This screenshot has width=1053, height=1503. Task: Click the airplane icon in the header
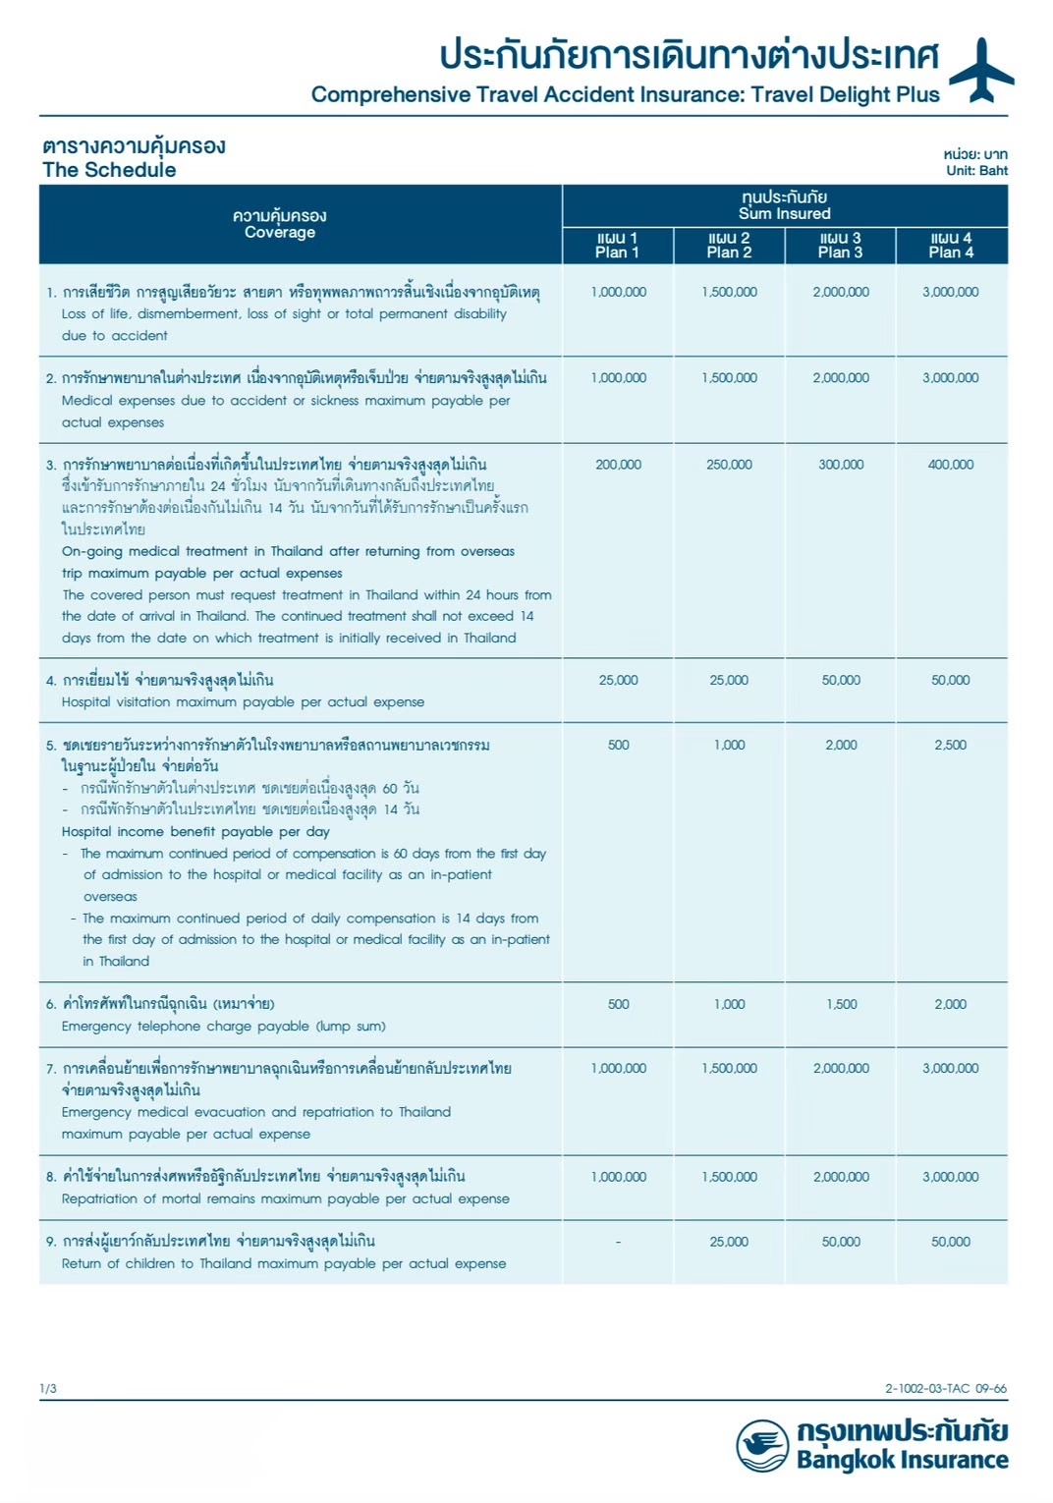(980, 70)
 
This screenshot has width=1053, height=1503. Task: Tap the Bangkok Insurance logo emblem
(762, 1445)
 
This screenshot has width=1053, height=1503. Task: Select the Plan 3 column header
(840, 246)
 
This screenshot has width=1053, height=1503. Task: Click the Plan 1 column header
(617, 246)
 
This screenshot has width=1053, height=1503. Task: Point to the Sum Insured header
(784, 205)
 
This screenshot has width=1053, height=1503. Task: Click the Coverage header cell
(280, 224)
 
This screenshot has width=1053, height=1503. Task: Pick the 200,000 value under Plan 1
(618, 465)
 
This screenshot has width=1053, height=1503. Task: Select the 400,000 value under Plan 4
(950, 465)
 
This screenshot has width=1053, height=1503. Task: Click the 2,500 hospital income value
(950, 745)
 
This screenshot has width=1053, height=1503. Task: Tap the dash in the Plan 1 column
(618, 1242)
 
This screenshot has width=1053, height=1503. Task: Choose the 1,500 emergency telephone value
(841, 1004)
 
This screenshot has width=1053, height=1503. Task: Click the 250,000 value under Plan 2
(729, 465)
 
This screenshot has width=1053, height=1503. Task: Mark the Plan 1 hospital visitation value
(618, 680)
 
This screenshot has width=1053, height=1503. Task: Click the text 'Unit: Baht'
(976, 170)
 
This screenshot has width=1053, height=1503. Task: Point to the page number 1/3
(48, 1388)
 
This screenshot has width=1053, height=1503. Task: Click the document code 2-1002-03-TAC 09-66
(945, 1388)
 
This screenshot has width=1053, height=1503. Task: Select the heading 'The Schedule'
(109, 170)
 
